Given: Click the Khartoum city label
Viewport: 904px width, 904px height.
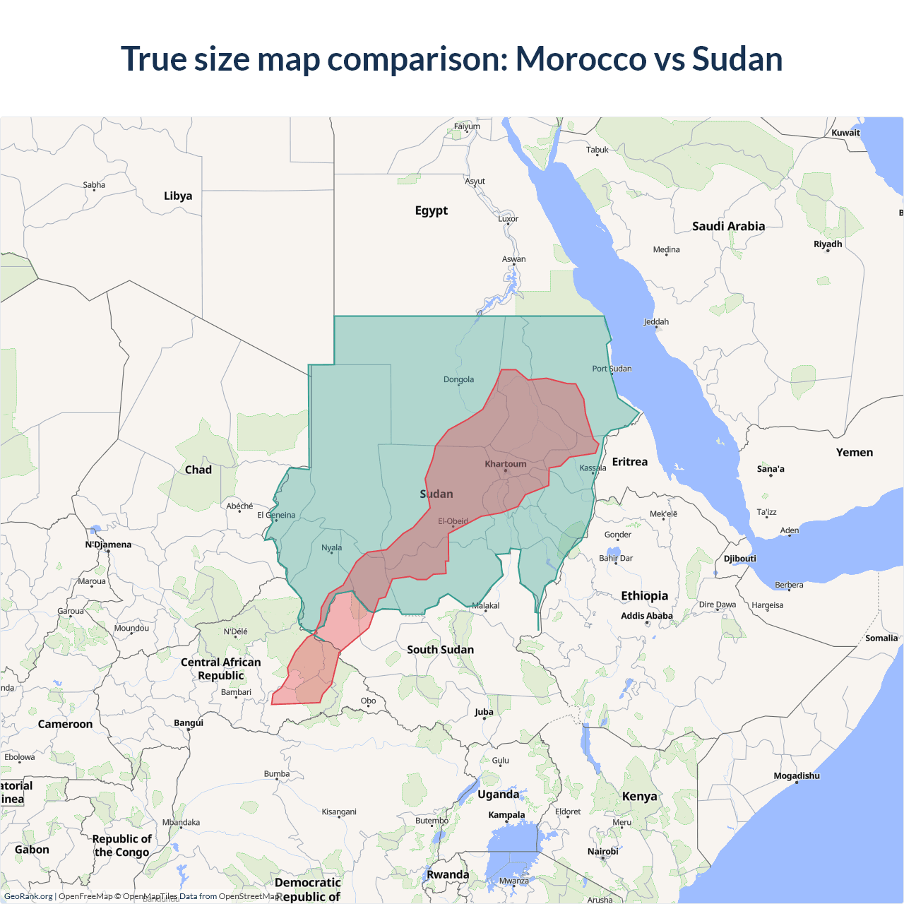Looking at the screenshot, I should coord(505,464).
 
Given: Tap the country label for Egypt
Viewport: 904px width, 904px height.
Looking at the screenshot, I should coord(431,210).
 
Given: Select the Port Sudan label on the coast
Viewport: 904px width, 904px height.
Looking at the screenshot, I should coord(612,369).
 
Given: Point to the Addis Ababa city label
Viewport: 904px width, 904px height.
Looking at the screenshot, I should coord(646,616).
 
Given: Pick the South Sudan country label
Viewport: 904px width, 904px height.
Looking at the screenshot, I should coord(440,650).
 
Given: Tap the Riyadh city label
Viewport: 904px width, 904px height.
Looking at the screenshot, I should coord(828,244).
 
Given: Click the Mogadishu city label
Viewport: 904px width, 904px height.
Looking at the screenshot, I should coord(797,776).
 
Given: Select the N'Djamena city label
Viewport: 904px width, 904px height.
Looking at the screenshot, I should coord(108,545).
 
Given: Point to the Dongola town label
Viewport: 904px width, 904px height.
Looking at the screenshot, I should coord(458,379).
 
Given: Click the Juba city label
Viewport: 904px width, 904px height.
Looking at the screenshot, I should coord(484,712).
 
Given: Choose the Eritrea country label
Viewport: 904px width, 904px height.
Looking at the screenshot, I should coord(629,462).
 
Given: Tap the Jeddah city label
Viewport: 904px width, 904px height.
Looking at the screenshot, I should coord(656,322).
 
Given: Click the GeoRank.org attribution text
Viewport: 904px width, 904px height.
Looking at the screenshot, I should coord(28,896).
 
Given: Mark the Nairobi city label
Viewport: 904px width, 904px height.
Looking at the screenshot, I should coord(602,852).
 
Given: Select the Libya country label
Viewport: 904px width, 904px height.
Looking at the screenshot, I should coord(178,196).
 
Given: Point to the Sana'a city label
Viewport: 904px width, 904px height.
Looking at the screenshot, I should coord(771,469).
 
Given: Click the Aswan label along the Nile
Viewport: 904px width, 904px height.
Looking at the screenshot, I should coord(513,259).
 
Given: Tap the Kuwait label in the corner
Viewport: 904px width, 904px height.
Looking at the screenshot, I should coord(845,133).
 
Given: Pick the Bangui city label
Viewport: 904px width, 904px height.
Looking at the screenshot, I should coord(189,723).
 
